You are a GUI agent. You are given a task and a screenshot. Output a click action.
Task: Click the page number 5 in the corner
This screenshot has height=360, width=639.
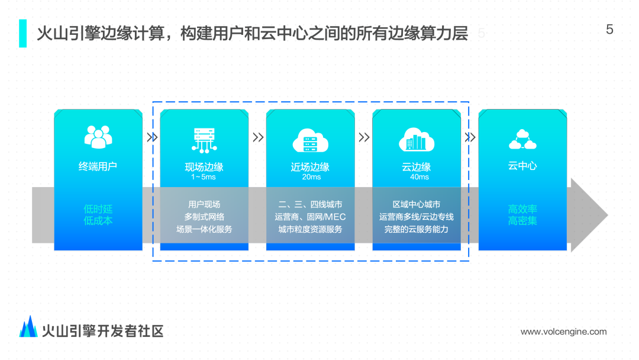point(610,30)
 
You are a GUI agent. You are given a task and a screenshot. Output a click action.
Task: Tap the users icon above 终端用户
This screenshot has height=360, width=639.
point(98,136)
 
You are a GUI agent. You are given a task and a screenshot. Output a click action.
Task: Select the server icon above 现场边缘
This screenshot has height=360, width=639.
point(204,139)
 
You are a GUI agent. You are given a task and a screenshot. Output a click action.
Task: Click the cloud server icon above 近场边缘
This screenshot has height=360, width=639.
point(311,140)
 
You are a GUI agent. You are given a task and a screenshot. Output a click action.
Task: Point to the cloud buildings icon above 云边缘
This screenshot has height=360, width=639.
point(417,140)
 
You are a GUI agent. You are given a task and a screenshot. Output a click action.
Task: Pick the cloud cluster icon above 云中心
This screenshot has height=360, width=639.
point(522,140)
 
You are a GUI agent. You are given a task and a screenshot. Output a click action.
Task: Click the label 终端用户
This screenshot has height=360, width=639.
point(98,166)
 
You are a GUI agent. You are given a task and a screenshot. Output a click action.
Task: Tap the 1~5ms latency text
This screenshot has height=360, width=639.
point(204,177)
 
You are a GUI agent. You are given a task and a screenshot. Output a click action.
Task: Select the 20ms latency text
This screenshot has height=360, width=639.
point(311,177)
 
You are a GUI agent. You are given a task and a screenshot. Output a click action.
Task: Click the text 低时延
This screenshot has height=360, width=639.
point(98,209)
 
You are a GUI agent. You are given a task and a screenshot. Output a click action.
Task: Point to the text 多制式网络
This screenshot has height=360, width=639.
point(204,217)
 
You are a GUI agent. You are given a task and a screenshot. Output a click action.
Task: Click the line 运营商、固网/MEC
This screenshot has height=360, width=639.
point(311,217)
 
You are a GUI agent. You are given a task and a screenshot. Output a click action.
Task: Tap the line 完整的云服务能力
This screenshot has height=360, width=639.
point(417,229)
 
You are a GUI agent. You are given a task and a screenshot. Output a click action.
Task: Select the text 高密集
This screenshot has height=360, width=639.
point(522,221)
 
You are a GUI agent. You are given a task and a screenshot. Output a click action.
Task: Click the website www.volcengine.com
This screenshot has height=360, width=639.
point(563,332)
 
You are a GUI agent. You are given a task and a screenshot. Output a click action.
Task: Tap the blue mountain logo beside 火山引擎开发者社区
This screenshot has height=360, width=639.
point(28,327)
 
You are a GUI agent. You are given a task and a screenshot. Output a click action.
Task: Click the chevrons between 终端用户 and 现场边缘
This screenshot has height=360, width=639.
point(152,137)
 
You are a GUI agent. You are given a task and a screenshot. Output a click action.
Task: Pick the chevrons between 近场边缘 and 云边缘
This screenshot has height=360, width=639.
point(364,137)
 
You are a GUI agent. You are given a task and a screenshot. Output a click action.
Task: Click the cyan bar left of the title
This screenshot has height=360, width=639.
point(22,33)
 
